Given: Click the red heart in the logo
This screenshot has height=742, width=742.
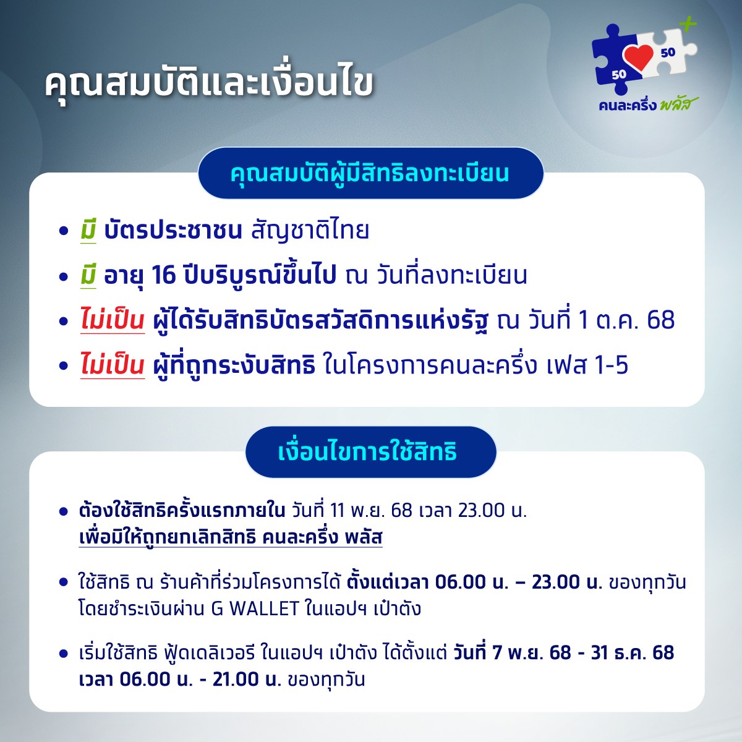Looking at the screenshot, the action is coord(639,58).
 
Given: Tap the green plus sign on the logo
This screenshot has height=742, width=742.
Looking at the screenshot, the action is coord(688,24).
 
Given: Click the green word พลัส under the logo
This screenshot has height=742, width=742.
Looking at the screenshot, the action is coord(678,104).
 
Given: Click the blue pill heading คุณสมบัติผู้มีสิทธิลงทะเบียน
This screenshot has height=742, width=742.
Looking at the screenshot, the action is coord(370,173).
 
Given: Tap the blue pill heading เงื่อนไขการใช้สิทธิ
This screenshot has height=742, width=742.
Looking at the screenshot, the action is coord(370,451).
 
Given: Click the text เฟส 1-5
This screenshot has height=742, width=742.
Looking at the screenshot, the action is coord(587,365).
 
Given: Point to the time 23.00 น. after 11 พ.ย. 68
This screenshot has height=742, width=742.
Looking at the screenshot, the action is coord(492,511).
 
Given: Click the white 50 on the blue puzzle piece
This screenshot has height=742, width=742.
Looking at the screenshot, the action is coord(619,74).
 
